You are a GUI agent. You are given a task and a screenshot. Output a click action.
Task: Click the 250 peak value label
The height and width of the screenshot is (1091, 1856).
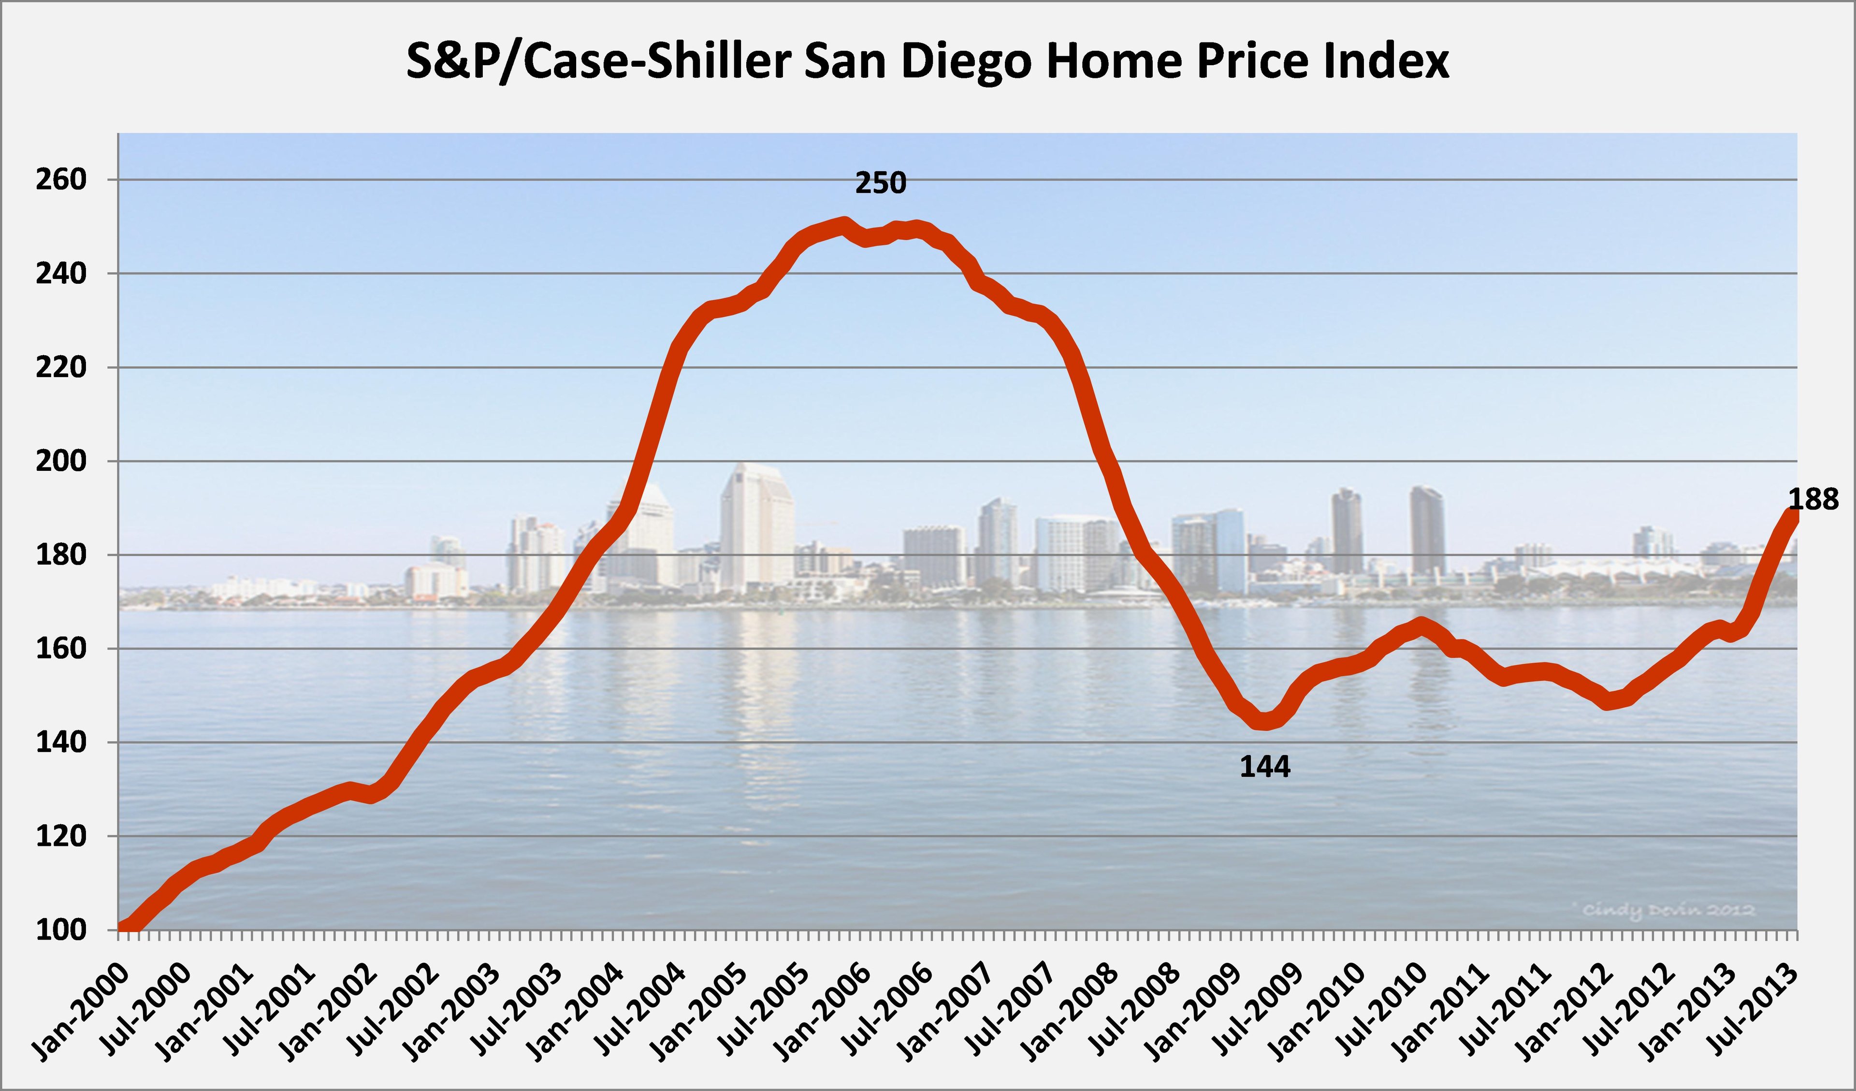[x=880, y=183]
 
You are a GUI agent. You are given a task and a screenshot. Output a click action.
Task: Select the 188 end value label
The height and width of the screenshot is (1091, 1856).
[x=1813, y=500]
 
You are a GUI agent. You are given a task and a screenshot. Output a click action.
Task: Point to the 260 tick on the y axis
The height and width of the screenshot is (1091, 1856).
[x=60, y=180]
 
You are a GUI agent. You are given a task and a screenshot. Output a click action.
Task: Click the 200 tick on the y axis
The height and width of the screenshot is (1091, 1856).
[x=60, y=461]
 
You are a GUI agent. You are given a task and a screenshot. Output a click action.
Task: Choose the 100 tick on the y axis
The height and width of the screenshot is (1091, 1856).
[x=60, y=931]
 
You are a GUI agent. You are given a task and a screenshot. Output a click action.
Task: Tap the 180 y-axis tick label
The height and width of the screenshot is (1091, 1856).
[x=60, y=555]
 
